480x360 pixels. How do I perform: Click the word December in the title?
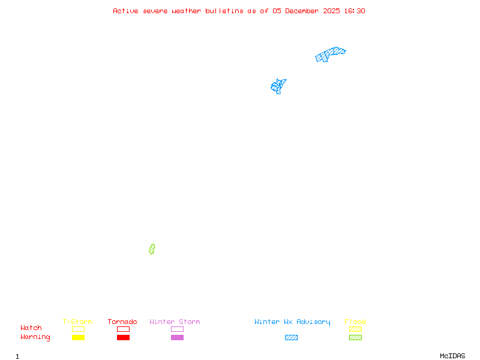(302, 11)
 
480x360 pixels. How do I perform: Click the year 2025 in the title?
(331, 11)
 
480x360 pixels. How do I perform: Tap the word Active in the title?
(125, 11)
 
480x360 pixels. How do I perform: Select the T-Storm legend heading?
(77, 322)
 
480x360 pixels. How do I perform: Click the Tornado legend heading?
(122, 322)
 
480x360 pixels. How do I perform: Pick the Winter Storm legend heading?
(175, 322)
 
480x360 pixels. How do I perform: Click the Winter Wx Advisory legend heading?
(292, 322)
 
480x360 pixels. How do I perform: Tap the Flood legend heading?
(355, 322)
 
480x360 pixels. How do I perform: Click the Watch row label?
(31, 328)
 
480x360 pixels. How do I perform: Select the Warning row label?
(35, 337)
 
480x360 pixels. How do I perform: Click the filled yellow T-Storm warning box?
(79, 337)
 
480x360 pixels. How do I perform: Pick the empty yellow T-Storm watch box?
(79, 329)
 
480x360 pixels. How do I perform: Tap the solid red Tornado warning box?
(124, 337)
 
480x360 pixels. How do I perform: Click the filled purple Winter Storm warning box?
(177, 337)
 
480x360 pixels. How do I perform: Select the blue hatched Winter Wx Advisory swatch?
(291, 337)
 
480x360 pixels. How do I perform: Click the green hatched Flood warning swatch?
(355, 337)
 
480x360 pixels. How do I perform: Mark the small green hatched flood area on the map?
(152, 249)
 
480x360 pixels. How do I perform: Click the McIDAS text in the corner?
(452, 356)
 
